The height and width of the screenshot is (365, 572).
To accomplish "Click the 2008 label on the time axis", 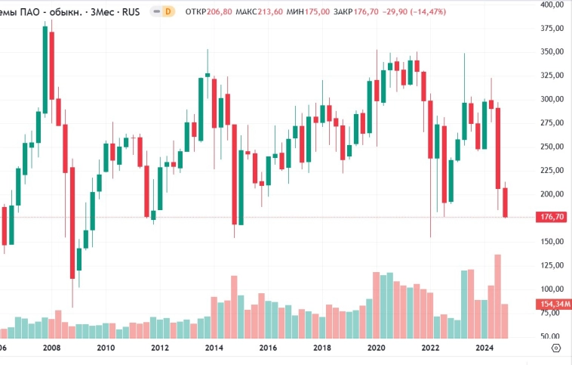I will click(x=51, y=348).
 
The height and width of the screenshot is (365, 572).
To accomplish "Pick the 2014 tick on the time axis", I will click(x=214, y=348).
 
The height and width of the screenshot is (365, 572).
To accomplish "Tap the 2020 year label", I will click(x=376, y=348).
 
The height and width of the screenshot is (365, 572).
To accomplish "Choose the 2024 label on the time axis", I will click(x=484, y=348).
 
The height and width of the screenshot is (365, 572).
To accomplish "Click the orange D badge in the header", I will click(x=168, y=12).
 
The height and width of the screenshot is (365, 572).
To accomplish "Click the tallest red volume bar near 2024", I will click(x=498, y=295).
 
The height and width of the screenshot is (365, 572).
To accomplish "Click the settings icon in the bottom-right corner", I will click(x=556, y=348).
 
